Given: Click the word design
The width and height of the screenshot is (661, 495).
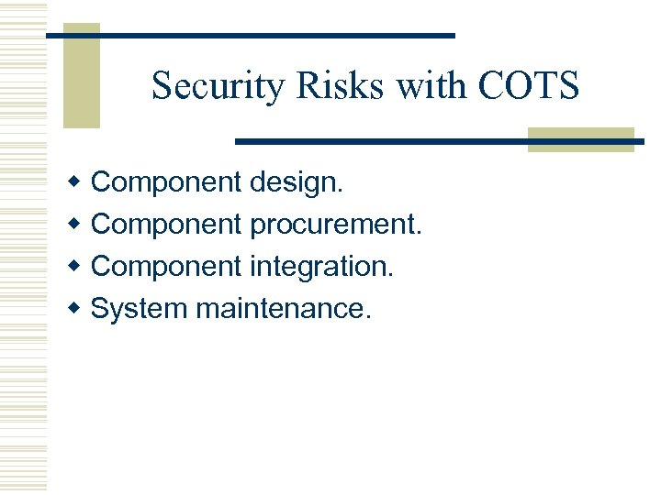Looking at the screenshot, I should [297, 182].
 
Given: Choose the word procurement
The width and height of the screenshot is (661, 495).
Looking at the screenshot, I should [336, 225].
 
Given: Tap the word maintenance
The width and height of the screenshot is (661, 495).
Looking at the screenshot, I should [284, 309].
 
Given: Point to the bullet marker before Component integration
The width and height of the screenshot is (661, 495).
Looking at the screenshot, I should [77, 267].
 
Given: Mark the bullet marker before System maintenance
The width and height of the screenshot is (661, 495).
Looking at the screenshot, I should [77, 309].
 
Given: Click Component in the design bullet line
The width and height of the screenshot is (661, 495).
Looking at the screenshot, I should [167, 182].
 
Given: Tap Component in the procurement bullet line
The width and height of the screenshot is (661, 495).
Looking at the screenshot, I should [167, 225].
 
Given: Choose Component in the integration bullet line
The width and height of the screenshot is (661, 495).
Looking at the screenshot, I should [167, 267].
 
